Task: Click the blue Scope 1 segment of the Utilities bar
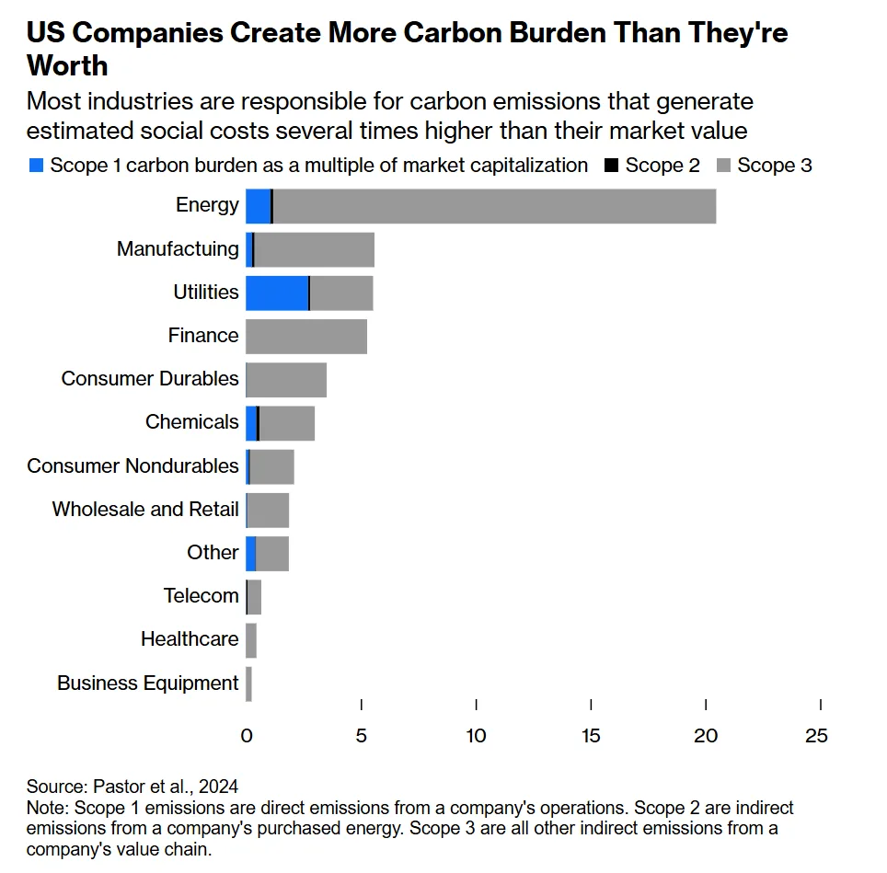[x=276, y=293]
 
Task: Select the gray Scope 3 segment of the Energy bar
[x=494, y=205]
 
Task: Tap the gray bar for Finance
[x=306, y=336]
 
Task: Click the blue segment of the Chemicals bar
[x=251, y=423]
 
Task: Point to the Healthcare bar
[x=251, y=640]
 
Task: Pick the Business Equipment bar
[x=248, y=683]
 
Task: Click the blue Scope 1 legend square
[x=37, y=166]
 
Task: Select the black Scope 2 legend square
[x=611, y=166]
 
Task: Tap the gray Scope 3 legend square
[x=723, y=166]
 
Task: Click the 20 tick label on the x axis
[x=705, y=736]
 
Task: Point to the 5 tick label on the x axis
[x=362, y=736]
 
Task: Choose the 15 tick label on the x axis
[x=591, y=736]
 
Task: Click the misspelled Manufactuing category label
[x=178, y=249]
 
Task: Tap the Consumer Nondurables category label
[x=132, y=466]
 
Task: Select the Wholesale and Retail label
[x=145, y=510]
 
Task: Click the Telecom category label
[x=202, y=596]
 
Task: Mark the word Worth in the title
[x=67, y=66]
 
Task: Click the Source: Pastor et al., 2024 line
[x=132, y=787]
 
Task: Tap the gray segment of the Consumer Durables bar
[x=286, y=380]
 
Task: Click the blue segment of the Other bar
[x=250, y=554]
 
